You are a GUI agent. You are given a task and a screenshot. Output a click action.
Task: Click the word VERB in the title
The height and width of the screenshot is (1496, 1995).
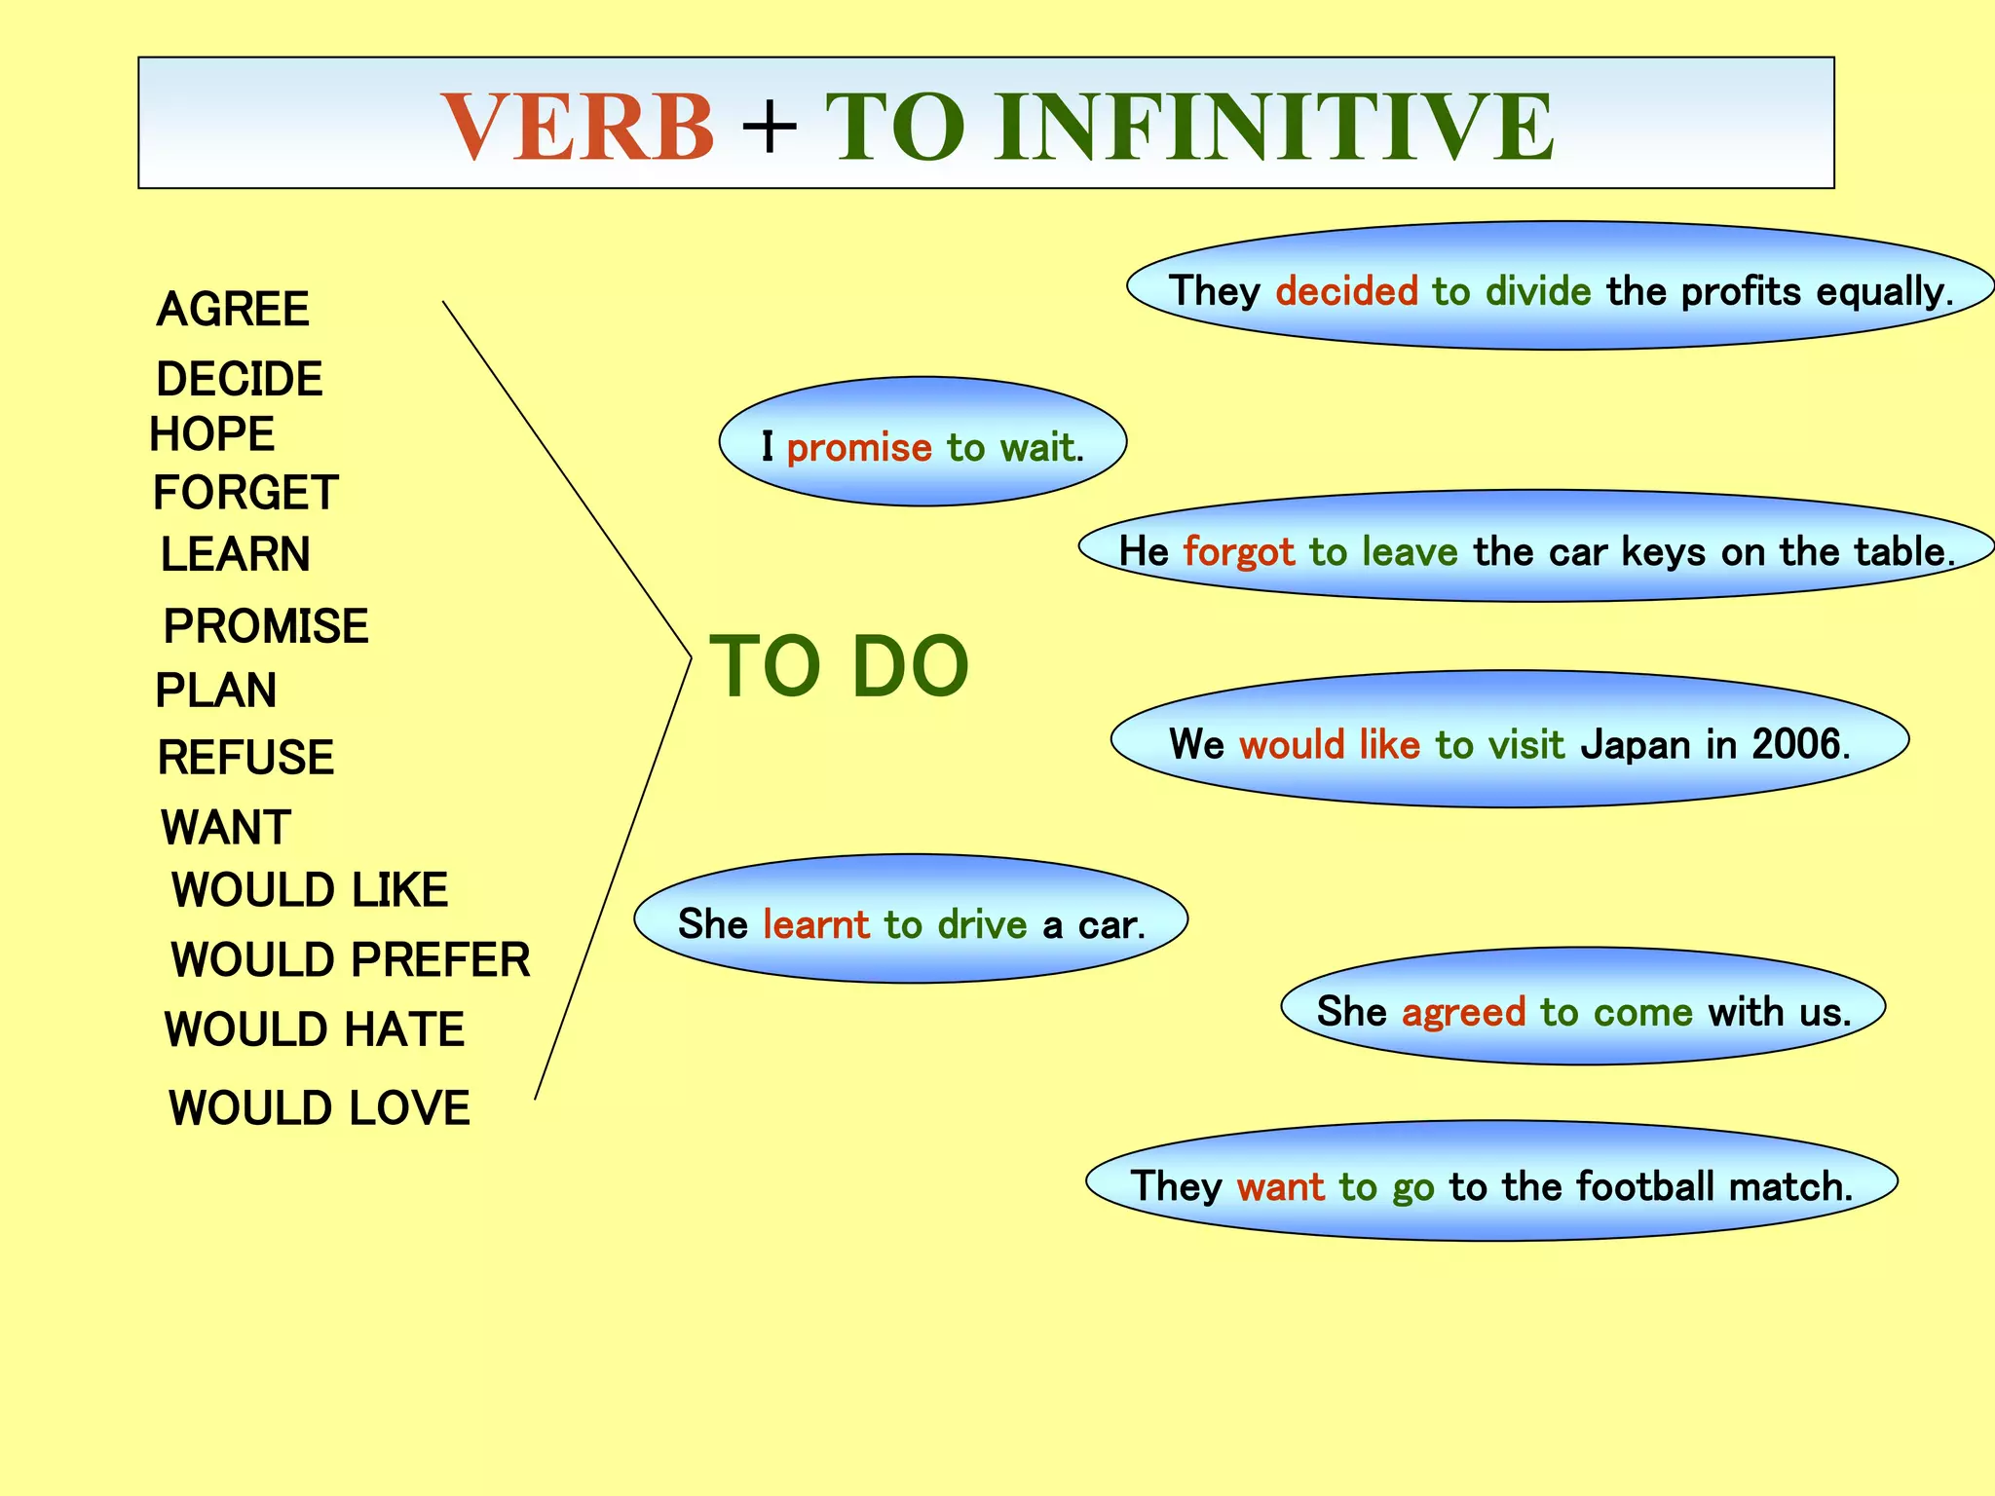[x=578, y=127]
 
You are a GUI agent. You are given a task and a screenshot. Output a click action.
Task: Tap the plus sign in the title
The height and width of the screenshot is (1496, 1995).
[x=770, y=127]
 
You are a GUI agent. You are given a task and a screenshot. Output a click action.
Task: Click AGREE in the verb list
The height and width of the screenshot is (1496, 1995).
[x=233, y=310]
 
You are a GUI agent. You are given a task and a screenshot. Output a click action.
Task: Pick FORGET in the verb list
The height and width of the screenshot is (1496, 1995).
[x=245, y=493]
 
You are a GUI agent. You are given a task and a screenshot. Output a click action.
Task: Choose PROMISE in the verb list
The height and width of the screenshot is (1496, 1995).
[x=266, y=626]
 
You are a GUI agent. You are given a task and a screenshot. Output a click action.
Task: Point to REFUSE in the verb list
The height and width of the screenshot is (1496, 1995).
[x=245, y=758]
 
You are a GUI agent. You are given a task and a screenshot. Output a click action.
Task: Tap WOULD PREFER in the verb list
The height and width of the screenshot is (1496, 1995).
[x=351, y=960]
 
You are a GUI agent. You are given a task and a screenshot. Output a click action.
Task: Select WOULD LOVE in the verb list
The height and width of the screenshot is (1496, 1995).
[x=320, y=1108]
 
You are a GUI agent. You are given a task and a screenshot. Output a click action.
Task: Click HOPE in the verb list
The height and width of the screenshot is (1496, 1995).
[x=212, y=434]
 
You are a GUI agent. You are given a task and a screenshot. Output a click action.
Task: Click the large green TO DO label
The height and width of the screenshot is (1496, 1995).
[x=839, y=667]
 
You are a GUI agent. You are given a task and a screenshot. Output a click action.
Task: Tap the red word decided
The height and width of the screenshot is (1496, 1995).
[x=1346, y=291]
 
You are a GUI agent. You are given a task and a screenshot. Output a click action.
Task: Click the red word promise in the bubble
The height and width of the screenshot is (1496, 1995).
[x=859, y=448]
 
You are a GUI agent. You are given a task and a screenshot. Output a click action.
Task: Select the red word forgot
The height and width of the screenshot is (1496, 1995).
[x=1238, y=552]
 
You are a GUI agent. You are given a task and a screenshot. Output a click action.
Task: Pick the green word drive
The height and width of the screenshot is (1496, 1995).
[x=982, y=924]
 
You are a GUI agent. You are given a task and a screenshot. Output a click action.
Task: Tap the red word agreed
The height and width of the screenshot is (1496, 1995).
[x=1463, y=1012]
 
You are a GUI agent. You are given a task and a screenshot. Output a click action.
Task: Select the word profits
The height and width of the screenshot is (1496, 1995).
[x=1741, y=291]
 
